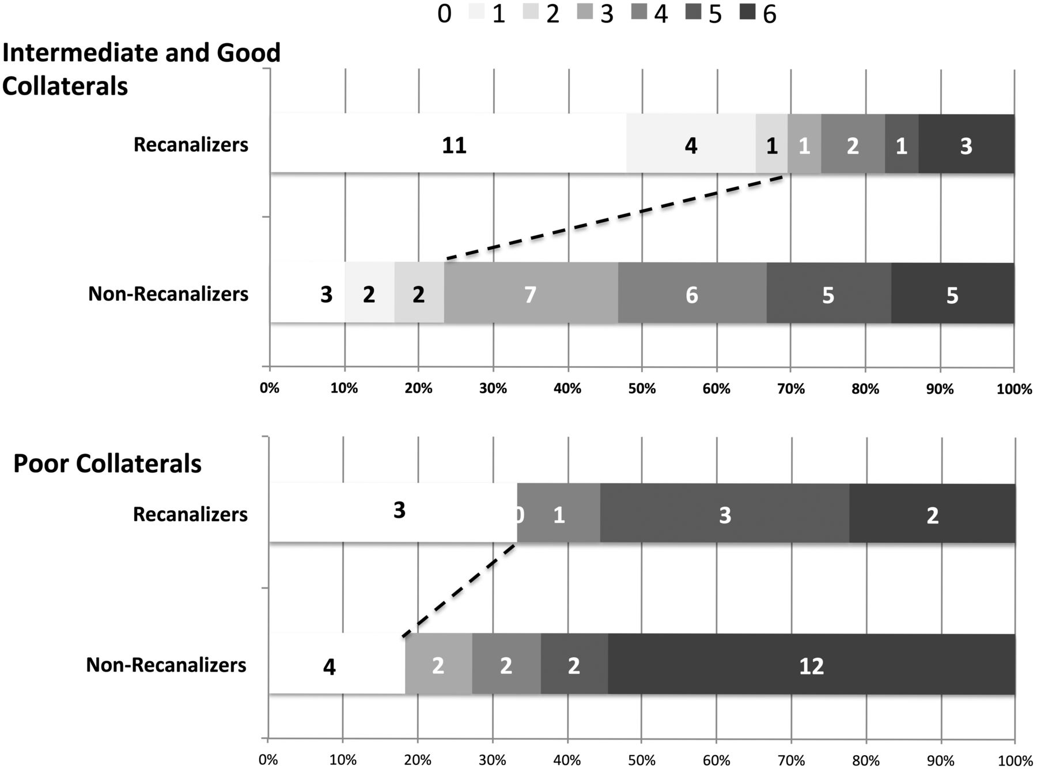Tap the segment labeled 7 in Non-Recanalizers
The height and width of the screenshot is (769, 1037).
531,293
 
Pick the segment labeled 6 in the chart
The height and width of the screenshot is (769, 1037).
692,293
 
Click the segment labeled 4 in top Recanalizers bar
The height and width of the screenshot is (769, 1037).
691,144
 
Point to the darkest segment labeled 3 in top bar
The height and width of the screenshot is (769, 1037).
966,144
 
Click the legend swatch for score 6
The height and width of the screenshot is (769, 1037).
747,13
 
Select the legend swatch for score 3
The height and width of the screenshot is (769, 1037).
584,13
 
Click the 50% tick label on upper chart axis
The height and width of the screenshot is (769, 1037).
642,389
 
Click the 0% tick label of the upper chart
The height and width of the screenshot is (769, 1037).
269,389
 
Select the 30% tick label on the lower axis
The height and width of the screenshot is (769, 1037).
493,760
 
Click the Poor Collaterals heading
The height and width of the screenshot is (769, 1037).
107,463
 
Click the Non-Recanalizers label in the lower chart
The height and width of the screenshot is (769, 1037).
166,665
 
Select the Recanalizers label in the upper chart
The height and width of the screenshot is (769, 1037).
191,144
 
